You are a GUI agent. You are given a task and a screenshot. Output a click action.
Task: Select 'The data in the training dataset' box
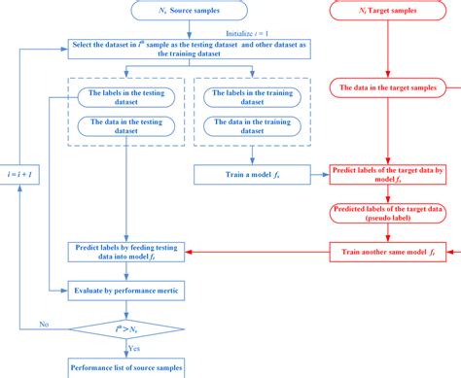253,125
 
